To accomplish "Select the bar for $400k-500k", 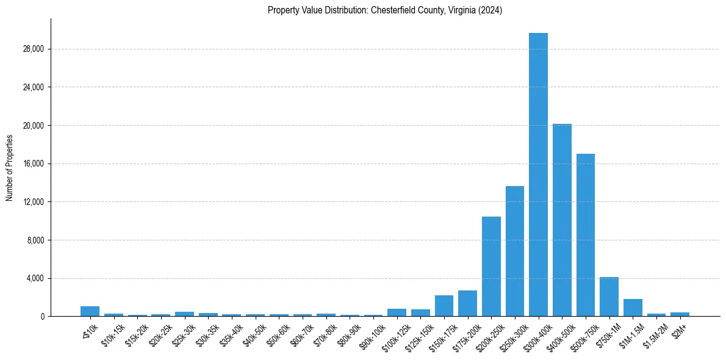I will point(562,220).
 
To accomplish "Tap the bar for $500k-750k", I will point(586,235).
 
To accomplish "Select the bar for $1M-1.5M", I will point(633,308).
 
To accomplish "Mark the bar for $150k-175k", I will point(444,306).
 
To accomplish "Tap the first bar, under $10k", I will point(90,311).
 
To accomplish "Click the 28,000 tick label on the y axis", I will point(33,49).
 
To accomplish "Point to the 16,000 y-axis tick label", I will point(33,164).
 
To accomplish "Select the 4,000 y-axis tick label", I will point(35,278).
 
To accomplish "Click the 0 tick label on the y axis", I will point(42,317).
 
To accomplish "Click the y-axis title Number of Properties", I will point(10,168).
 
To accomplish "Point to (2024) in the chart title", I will point(491,10).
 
